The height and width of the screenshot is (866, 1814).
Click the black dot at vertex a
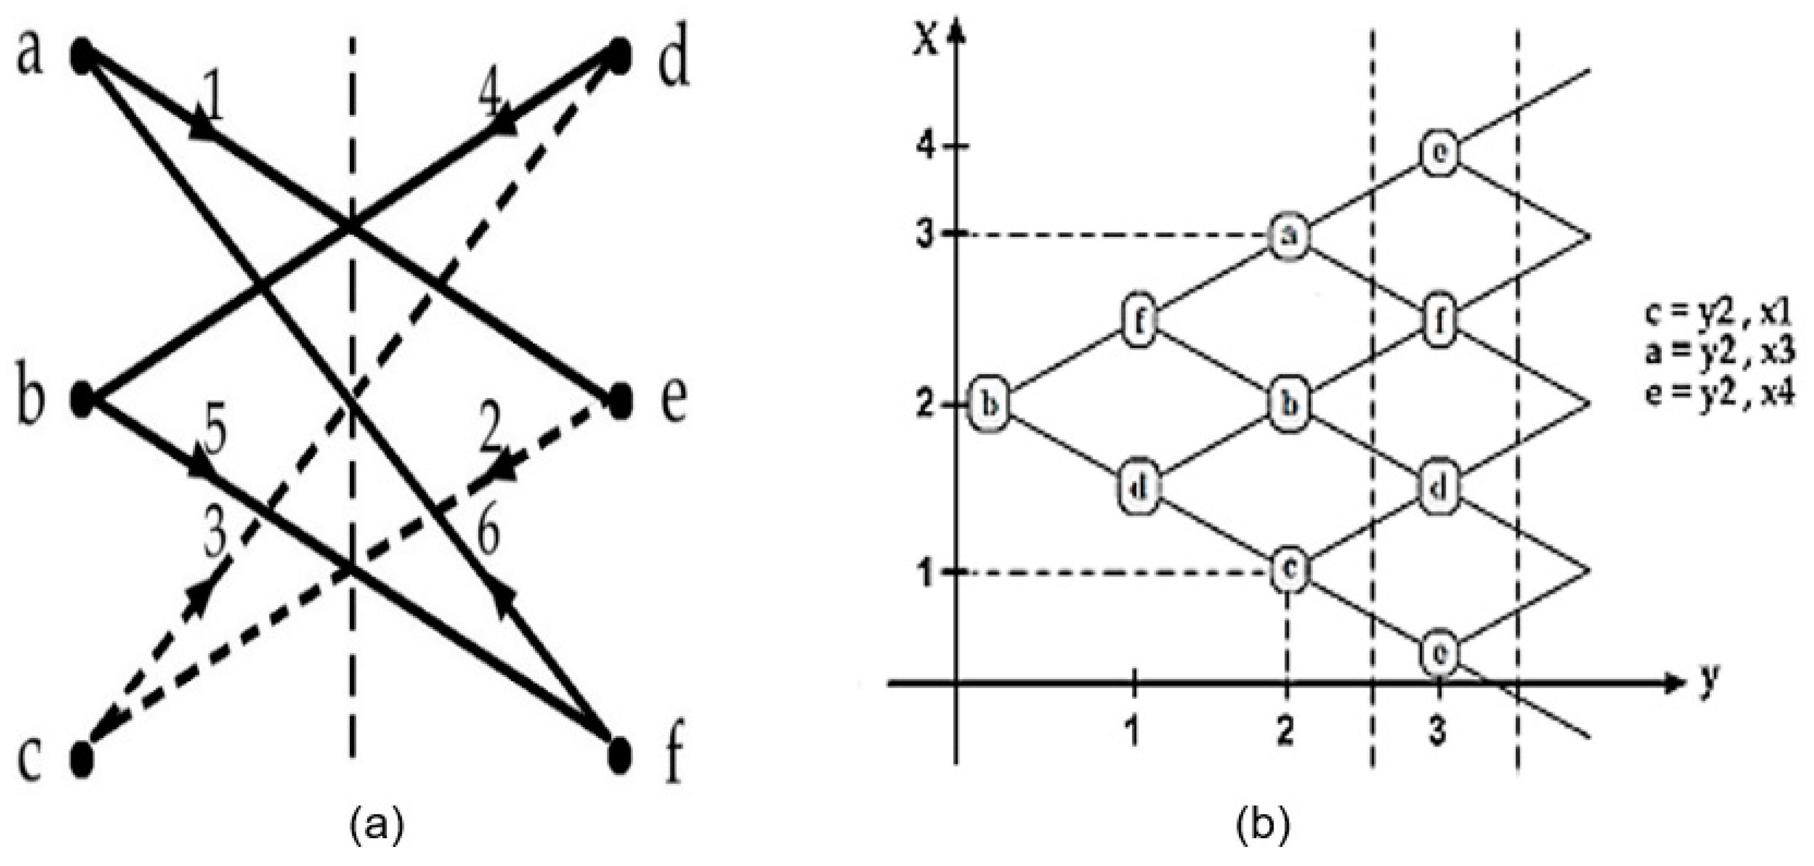tap(82, 56)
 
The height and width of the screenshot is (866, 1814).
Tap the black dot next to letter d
tap(619, 55)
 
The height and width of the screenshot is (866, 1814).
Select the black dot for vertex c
tap(82, 758)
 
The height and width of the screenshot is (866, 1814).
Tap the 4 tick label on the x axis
tap(927, 146)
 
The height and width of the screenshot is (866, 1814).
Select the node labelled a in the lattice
tap(1290, 236)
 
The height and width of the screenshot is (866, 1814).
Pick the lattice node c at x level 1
tap(1290, 571)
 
